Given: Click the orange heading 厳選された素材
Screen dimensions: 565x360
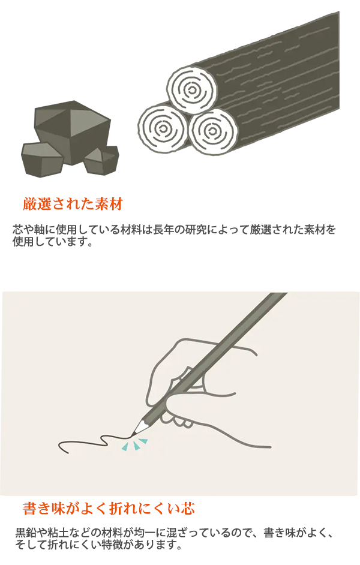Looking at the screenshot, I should click(x=73, y=204).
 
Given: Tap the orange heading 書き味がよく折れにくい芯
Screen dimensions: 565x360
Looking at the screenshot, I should click(x=108, y=509).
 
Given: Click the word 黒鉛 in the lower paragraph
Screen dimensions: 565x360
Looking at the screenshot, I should click(x=26, y=533).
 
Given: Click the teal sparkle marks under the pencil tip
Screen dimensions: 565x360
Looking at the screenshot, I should click(x=136, y=444).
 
